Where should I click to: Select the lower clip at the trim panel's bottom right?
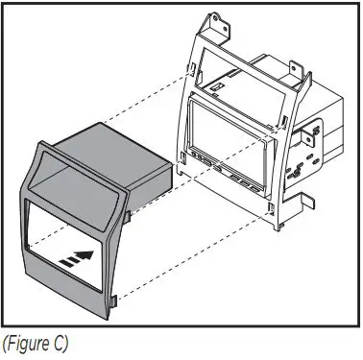pos(112,301)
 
